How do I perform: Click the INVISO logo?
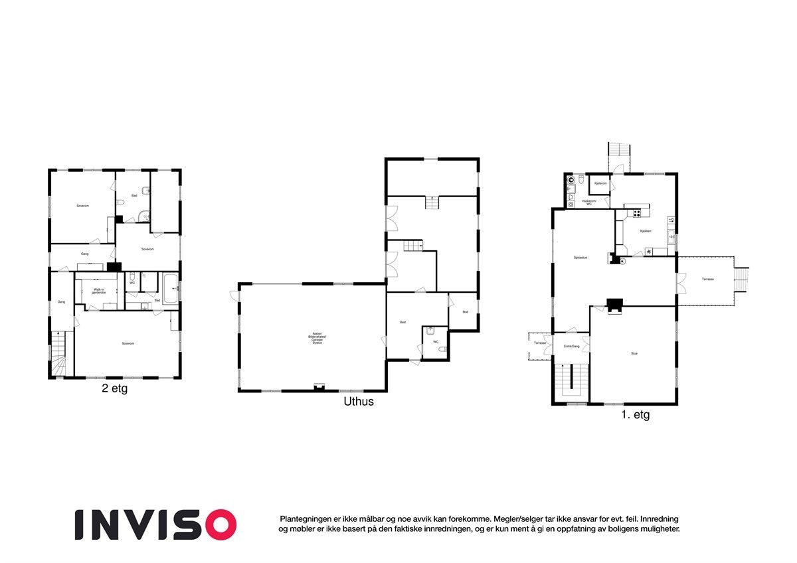click(155, 524)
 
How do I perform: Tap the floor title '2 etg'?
click(114, 389)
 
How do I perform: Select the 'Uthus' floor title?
click(359, 402)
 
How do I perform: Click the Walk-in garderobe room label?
click(99, 291)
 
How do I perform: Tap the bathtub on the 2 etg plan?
click(169, 288)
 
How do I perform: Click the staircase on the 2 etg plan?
click(60, 355)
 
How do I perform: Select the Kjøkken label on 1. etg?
click(645, 231)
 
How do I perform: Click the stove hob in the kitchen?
click(636, 213)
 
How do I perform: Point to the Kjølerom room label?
click(601, 183)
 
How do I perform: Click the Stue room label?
click(634, 354)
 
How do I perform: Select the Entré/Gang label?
click(572, 347)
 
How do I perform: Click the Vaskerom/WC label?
click(588, 202)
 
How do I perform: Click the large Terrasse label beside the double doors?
click(708, 280)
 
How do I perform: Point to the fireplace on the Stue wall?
click(615, 305)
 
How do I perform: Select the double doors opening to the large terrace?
click(680, 281)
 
